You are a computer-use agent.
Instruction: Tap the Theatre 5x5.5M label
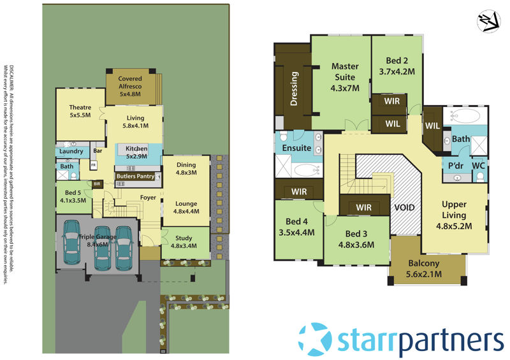(80, 112)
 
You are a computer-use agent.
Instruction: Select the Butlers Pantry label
(135, 176)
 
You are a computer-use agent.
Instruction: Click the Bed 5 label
(71, 196)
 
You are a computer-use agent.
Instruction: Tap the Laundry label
(70, 152)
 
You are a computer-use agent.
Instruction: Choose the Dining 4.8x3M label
(186, 168)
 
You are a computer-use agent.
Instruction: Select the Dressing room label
(295, 89)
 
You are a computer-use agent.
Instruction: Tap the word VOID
(405, 208)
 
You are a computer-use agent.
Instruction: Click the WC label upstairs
(479, 166)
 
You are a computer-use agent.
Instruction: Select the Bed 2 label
(397, 66)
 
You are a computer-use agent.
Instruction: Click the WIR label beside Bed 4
(299, 191)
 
